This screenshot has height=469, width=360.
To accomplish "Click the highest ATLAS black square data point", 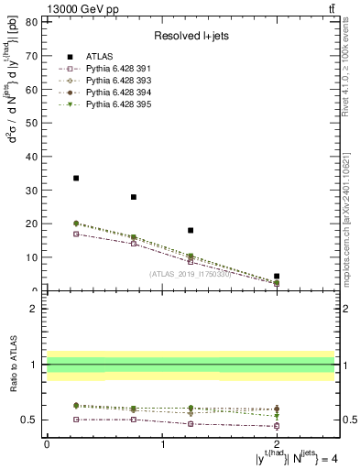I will click(76, 178).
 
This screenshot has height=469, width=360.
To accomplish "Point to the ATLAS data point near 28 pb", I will click(134, 197).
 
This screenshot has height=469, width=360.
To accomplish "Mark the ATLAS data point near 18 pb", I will click(191, 230).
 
